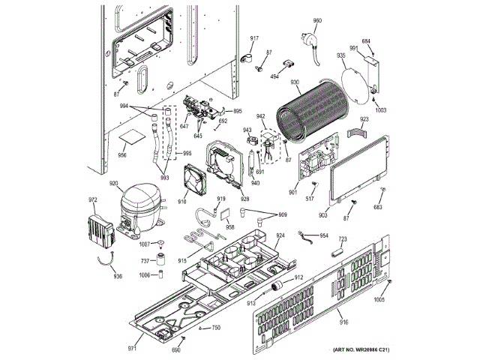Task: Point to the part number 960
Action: coord(317,21)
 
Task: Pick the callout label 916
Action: coord(343,322)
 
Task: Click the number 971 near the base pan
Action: coord(132,349)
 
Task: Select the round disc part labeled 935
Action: coord(352,80)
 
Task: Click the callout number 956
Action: coord(122,155)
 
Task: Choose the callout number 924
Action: coord(280,235)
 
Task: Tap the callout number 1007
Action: coord(145,244)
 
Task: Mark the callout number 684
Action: coord(366,41)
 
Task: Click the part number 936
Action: coord(117,276)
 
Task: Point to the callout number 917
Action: coord(254,38)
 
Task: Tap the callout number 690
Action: coord(176,350)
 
